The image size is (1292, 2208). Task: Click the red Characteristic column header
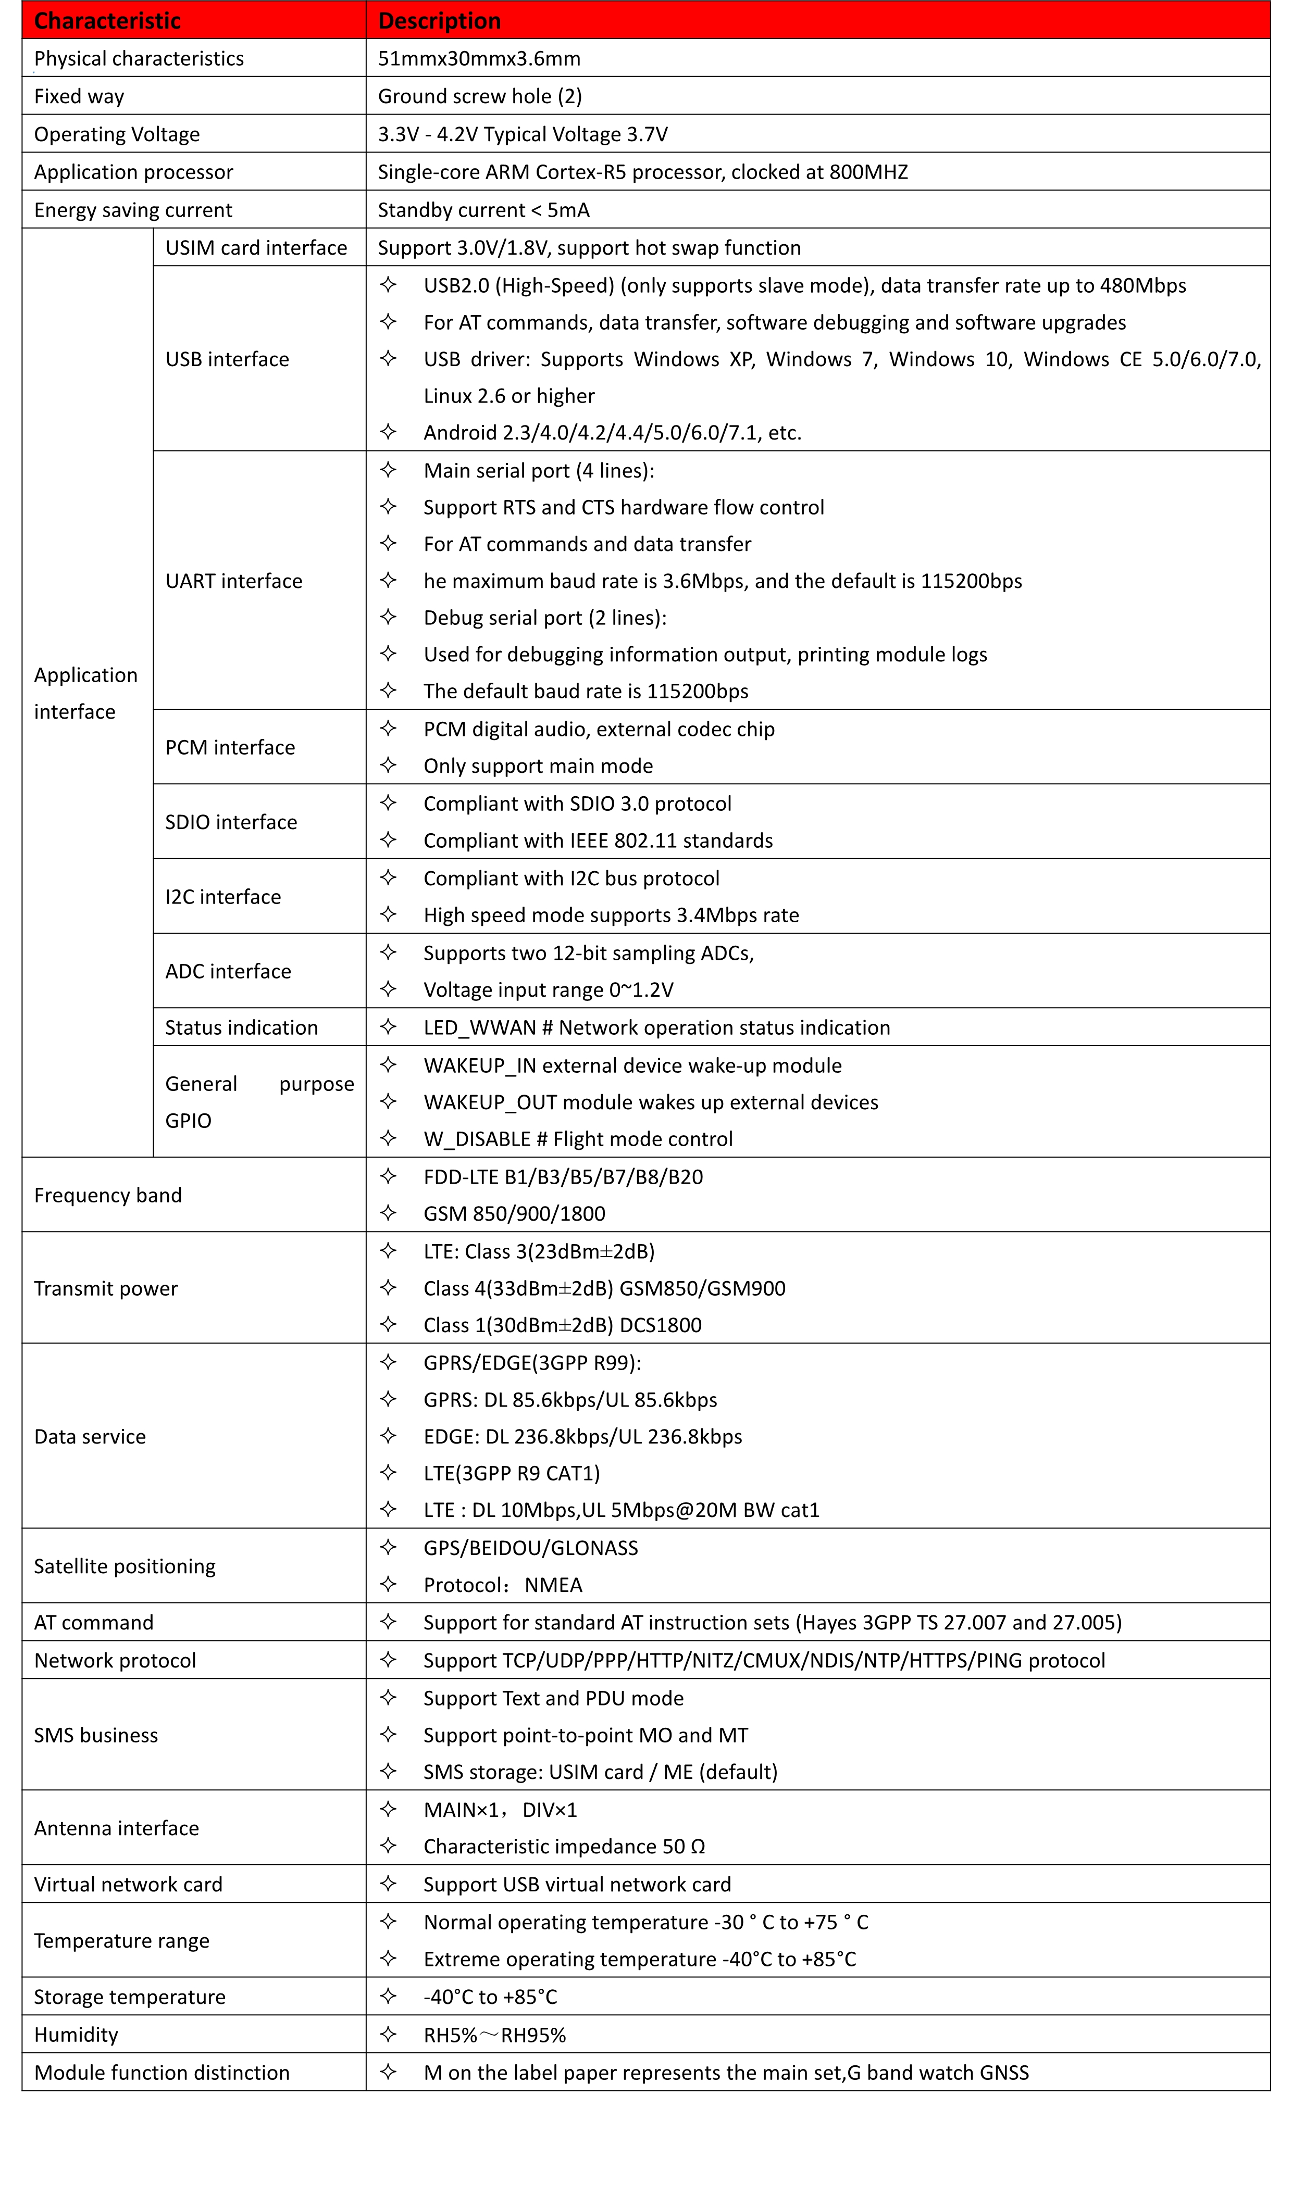[107, 21]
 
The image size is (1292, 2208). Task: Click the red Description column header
[439, 21]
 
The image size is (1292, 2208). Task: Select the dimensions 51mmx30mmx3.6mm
[479, 59]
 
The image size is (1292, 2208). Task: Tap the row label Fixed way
[79, 96]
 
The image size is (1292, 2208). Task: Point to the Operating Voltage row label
[117, 134]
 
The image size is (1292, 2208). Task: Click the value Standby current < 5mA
[483, 210]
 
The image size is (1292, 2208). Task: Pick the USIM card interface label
[256, 248]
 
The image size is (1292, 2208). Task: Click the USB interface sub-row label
[227, 359]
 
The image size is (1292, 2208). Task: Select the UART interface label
[233, 581]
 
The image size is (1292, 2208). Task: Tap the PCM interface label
[230, 747]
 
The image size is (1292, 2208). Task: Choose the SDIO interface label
[230, 822]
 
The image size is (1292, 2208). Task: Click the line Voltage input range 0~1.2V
[548, 990]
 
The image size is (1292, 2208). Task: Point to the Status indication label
[241, 1028]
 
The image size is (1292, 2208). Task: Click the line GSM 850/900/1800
[514, 1213]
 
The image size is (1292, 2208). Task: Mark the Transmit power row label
[105, 1288]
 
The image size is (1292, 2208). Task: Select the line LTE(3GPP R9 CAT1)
[511, 1473]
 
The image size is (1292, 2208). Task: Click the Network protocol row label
[115, 1660]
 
